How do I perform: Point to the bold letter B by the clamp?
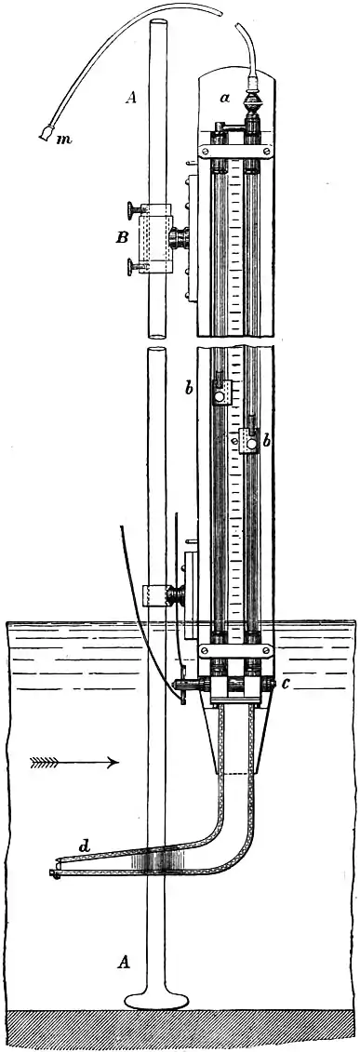click(122, 238)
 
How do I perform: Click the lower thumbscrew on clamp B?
click(130, 270)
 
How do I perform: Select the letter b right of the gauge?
click(266, 442)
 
